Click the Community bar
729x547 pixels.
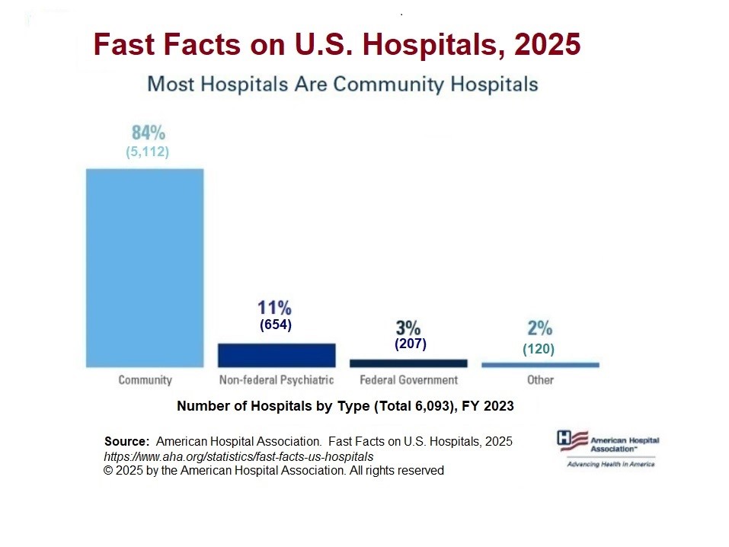pos(145,267)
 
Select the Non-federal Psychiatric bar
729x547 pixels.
pos(277,355)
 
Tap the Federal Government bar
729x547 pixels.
pos(408,363)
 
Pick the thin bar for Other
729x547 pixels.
pos(540,365)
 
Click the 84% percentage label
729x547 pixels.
pos(148,132)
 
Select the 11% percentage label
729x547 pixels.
pos(274,308)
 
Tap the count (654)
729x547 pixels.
pos(276,325)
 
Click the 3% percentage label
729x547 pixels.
pos(408,328)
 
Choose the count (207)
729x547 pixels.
pos(410,344)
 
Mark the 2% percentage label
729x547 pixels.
pos(539,328)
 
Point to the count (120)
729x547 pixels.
pos(539,350)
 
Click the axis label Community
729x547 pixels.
pos(145,379)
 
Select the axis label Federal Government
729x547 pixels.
pos(408,379)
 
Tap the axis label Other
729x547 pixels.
pos(540,379)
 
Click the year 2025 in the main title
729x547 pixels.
pos(547,46)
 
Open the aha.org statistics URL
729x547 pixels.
pos(238,456)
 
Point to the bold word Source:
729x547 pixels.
pos(126,442)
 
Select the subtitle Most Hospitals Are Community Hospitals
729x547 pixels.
pos(342,83)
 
